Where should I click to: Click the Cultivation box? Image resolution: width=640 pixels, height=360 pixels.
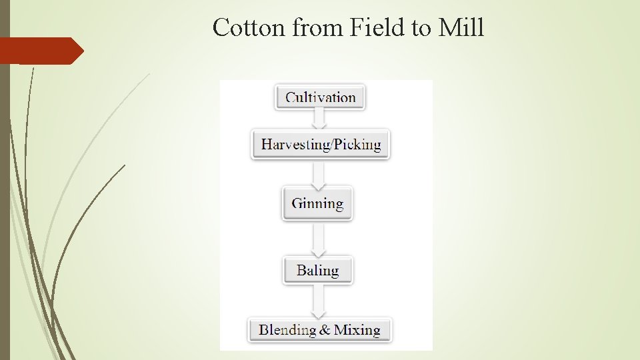(x=320, y=97)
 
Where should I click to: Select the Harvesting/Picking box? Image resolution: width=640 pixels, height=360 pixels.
(x=320, y=144)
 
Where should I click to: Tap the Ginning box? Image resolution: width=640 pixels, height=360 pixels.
(x=317, y=204)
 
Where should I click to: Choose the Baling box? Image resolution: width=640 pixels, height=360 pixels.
(x=317, y=270)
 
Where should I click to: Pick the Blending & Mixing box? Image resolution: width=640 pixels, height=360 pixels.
(x=319, y=330)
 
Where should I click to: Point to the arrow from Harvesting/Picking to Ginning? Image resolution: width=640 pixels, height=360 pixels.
(x=319, y=175)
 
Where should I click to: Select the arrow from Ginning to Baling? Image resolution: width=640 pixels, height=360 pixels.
(x=319, y=239)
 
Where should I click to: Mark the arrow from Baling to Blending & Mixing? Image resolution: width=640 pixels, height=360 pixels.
(x=319, y=302)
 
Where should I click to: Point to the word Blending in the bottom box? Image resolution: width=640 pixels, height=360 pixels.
(x=287, y=330)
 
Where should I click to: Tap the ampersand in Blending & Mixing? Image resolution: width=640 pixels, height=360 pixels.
(x=325, y=330)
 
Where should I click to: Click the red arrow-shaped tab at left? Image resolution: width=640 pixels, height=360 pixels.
(x=40, y=51)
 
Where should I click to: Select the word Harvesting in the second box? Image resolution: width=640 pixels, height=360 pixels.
(x=293, y=144)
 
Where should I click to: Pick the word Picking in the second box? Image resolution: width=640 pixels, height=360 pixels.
(x=359, y=144)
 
